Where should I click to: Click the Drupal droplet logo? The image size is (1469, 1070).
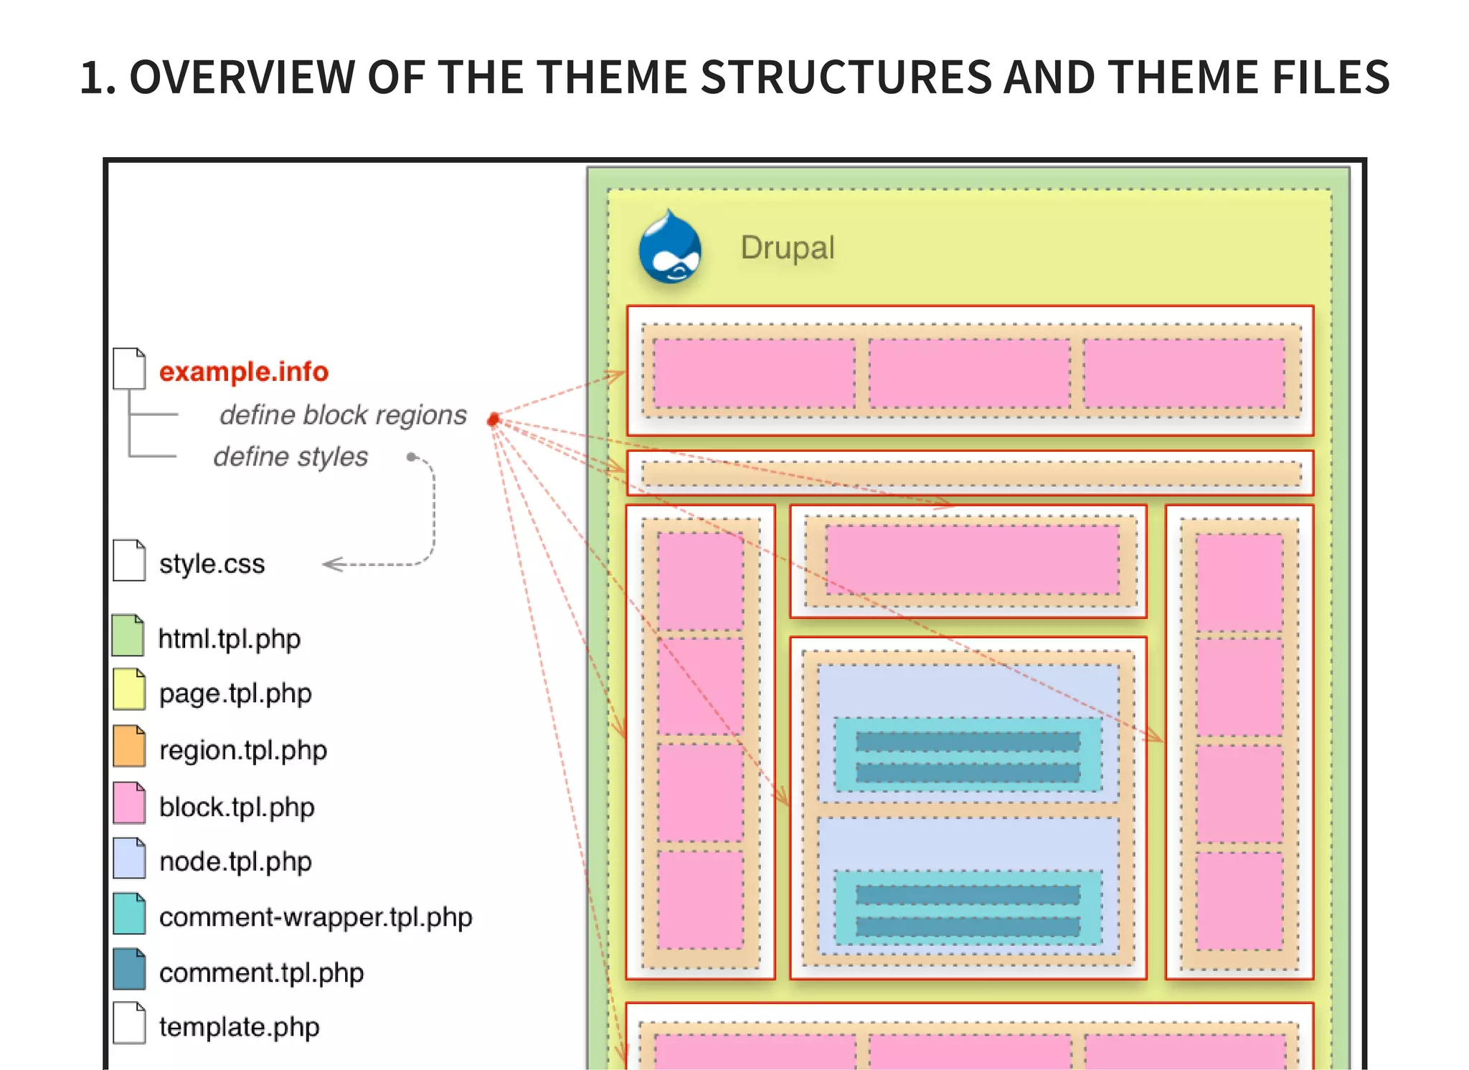pyautogui.click(x=669, y=248)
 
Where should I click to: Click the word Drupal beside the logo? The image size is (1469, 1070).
pyautogui.click(x=787, y=248)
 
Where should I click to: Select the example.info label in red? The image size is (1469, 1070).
pyautogui.click(x=243, y=371)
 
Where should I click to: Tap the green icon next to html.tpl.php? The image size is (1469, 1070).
pyautogui.click(x=128, y=636)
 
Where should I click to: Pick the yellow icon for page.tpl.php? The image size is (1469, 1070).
pyautogui.click(x=129, y=690)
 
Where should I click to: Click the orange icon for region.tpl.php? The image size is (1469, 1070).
pyautogui.click(x=129, y=747)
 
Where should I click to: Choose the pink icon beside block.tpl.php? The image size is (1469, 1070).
pyautogui.click(x=129, y=803)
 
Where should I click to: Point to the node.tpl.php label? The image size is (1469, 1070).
pyautogui.click(x=235, y=861)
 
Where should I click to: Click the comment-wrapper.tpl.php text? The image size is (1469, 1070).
pyautogui.click(x=316, y=917)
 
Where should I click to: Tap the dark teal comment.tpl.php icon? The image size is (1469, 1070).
pyautogui.click(x=129, y=970)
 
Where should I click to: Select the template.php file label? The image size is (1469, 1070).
pyautogui.click(x=239, y=1027)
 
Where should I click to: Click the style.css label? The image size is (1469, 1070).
pyautogui.click(x=212, y=564)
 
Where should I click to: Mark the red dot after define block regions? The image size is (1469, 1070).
pyautogui.click(x=493, y=420)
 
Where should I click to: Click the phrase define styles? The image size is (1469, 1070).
pyautogui.click(x=291, y=457)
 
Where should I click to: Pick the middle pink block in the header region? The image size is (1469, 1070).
pyautogui.click(x=969, y=374)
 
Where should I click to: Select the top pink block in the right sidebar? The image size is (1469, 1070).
pyautogui.click(x=1239, y=582)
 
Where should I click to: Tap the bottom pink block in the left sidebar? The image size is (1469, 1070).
pyautogui.click(x=700, y=900)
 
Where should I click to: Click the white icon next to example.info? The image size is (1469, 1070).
pyautogui.click(x=129, y=369)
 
